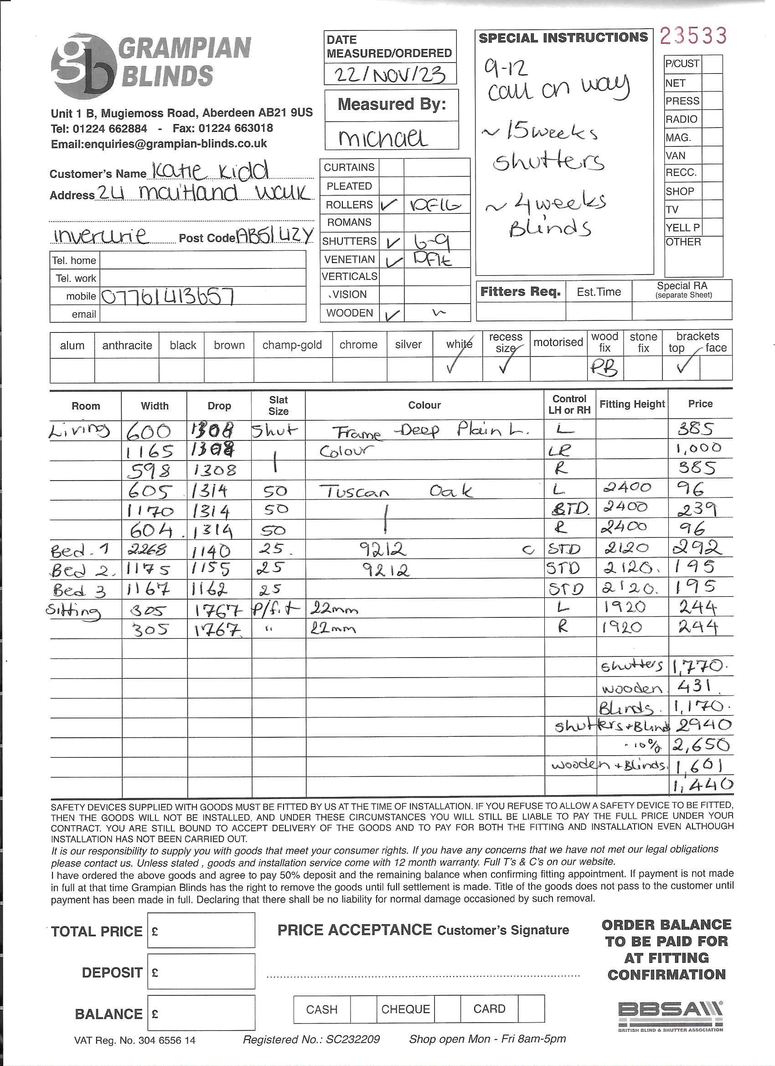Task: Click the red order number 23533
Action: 693,36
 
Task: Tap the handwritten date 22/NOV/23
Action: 390,74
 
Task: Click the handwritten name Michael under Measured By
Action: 382,138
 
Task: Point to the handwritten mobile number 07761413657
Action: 168,296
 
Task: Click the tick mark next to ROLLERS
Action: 390,204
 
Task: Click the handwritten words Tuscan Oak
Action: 395,492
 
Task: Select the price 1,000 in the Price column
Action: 698,448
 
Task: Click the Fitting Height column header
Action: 632,404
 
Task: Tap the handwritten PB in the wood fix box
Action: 604,368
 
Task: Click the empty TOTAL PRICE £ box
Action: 201,931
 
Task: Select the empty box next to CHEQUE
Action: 447,1009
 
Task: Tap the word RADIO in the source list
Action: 682,119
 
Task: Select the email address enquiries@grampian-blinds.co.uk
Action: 159,144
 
